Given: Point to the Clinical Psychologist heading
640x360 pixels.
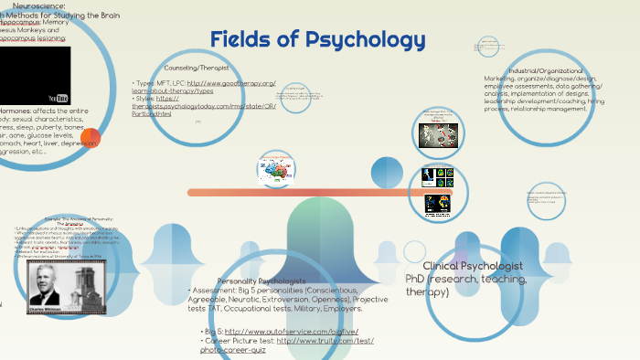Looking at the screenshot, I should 473,265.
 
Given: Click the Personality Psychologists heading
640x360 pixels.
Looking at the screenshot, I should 262,281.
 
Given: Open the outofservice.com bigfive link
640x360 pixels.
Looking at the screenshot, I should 293,331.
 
